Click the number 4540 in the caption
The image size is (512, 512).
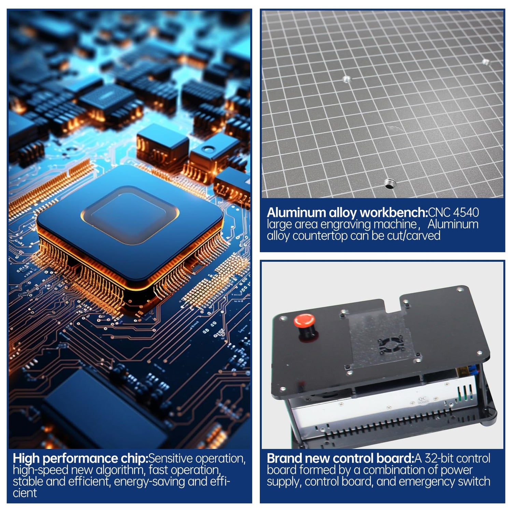(466, 212)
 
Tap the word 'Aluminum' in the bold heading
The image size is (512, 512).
(296, 213)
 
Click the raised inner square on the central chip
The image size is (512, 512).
(130, 215)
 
